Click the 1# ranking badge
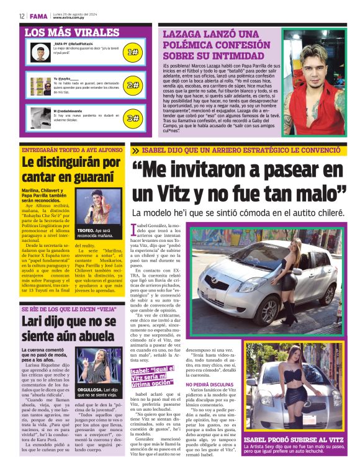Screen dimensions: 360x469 [132, 52]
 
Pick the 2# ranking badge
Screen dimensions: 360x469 [132, 85]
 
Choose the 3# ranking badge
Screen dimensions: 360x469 [132, 117]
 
